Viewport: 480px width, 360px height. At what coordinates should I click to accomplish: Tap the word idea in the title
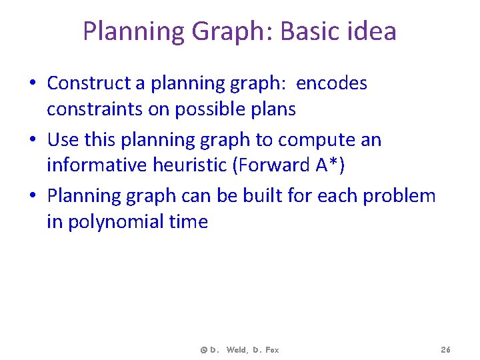point(373,31)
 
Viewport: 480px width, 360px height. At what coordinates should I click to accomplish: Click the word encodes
point(331,83)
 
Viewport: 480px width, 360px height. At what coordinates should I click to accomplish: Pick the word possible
point(207,109)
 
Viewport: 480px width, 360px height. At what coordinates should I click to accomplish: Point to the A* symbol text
point(327,165)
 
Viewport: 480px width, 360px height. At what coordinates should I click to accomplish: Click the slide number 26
point(446,350)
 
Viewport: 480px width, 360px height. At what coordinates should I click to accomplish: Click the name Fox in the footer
point(271,350)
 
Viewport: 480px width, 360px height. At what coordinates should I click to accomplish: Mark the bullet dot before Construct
point(33,84)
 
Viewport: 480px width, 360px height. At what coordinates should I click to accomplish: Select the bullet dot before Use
point(33,141)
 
